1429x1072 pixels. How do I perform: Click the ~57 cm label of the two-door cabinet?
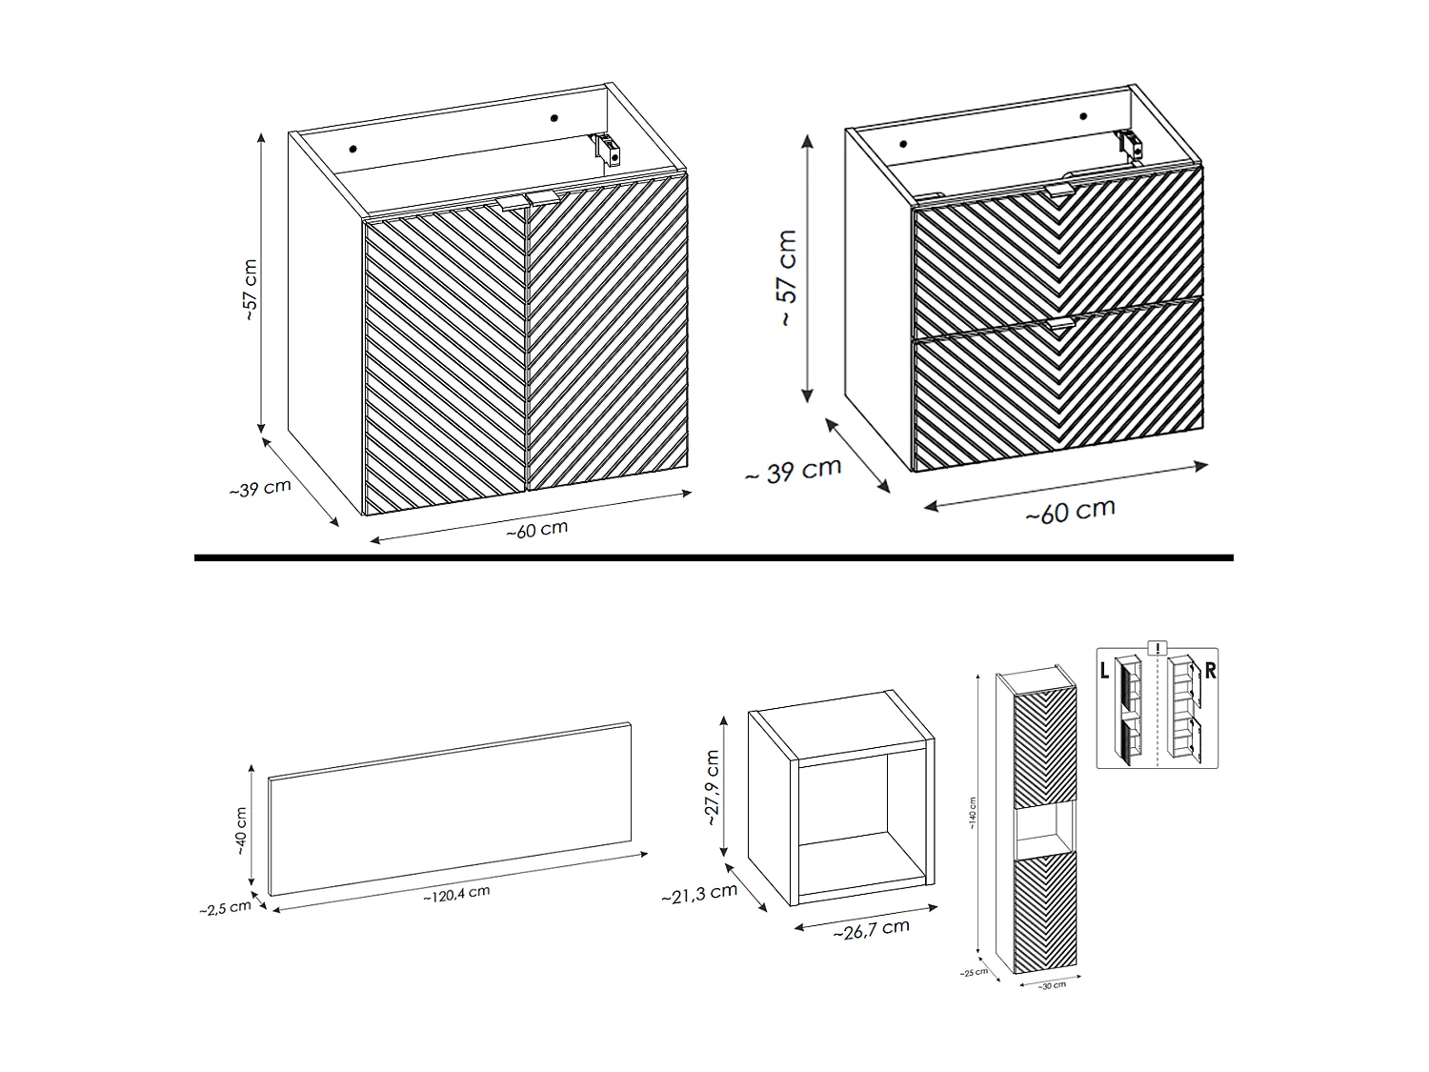tap(250, 289)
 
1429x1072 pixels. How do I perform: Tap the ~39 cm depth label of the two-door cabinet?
tap(259, 489)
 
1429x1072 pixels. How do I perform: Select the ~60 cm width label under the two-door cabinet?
tap(536, 530)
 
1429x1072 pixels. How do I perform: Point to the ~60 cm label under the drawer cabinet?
tap(1070, 512)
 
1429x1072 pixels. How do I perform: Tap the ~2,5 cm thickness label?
tap(225, 908)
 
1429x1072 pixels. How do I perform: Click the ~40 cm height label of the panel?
tap(240, 829)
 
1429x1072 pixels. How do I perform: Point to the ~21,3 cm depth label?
tap(698, 894)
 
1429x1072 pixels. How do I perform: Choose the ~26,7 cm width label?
tap(871, 929)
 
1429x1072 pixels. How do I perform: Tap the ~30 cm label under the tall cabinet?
tap(1052, 985)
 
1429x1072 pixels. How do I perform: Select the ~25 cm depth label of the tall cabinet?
tap(975, 972)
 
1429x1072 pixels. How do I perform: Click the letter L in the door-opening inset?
tap(1104, 671)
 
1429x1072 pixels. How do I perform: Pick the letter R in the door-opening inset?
tap(1210, 671)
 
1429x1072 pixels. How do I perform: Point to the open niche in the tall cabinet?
tap(1045, 827)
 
